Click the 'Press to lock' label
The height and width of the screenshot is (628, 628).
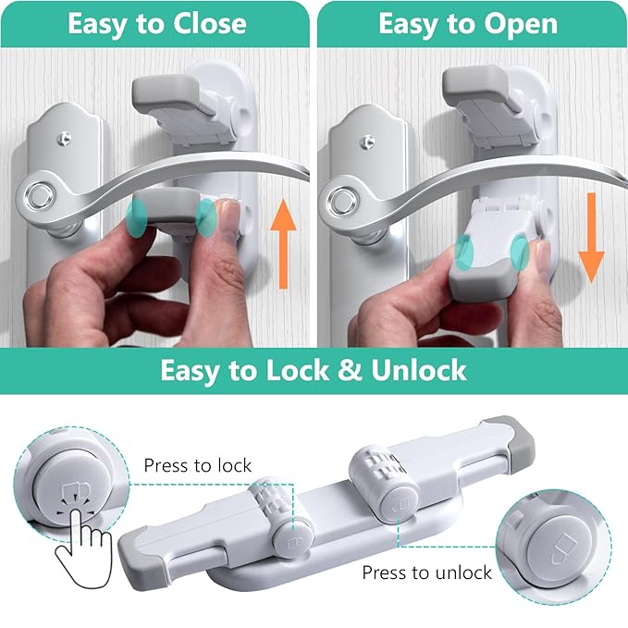tap(197, 465)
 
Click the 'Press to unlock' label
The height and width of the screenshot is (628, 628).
tap(426, 573)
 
